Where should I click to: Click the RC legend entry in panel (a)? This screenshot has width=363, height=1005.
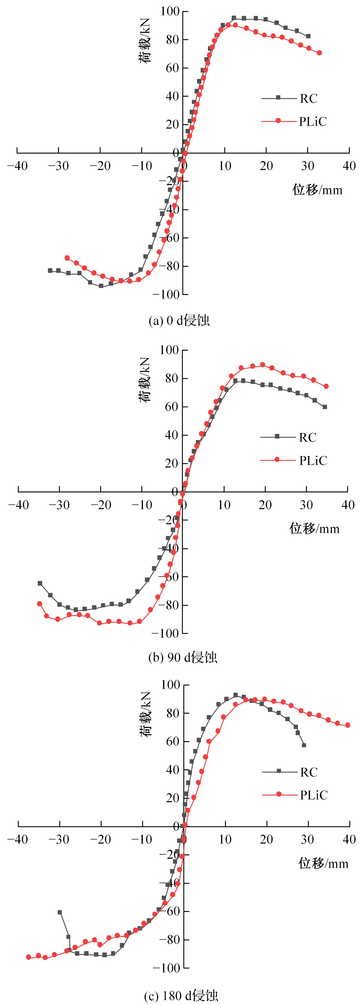[308, 99]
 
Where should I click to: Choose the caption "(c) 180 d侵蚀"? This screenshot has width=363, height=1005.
[181, 996]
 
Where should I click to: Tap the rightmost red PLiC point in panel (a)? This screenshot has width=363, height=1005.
[319, 53]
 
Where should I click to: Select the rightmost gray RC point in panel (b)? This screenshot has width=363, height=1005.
[325, 407]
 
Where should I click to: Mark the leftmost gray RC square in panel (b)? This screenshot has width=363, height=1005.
[40, 583]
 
